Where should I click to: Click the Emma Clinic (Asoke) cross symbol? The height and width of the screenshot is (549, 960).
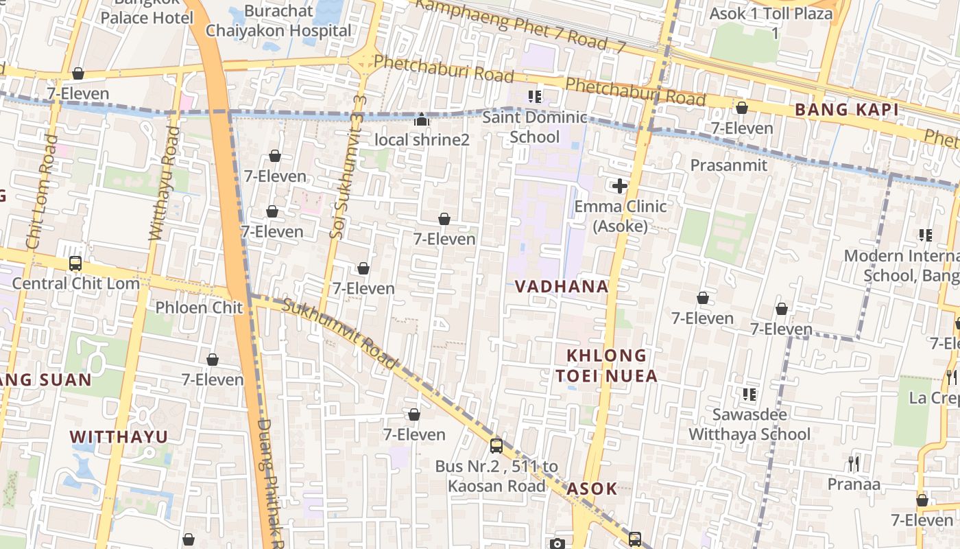click(620, 186)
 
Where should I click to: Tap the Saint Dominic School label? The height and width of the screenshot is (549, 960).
click(535, 127)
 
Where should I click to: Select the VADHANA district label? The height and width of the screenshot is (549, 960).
click(562, 286)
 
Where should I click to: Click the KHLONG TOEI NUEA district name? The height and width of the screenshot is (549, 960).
click(606, 365)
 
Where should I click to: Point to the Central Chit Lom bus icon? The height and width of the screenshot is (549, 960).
click(75, 264)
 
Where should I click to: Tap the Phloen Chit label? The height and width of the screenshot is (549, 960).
click(199, 307)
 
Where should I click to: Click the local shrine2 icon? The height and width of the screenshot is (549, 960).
click(422, 120)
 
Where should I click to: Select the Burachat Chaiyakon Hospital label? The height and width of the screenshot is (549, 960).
click(278, 21)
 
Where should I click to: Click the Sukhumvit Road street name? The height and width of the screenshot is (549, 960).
click(340, 334)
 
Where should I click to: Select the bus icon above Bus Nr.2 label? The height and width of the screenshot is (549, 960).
click(496, 446)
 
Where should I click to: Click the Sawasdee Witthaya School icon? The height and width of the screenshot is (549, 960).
click(749, 395)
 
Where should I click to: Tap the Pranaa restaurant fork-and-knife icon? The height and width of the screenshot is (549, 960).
click(854, 464)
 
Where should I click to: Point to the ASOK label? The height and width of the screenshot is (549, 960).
click(592, 489)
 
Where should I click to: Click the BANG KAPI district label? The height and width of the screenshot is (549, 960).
click(846, 109)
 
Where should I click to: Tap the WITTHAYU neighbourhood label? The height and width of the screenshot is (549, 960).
click(119, 436)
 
